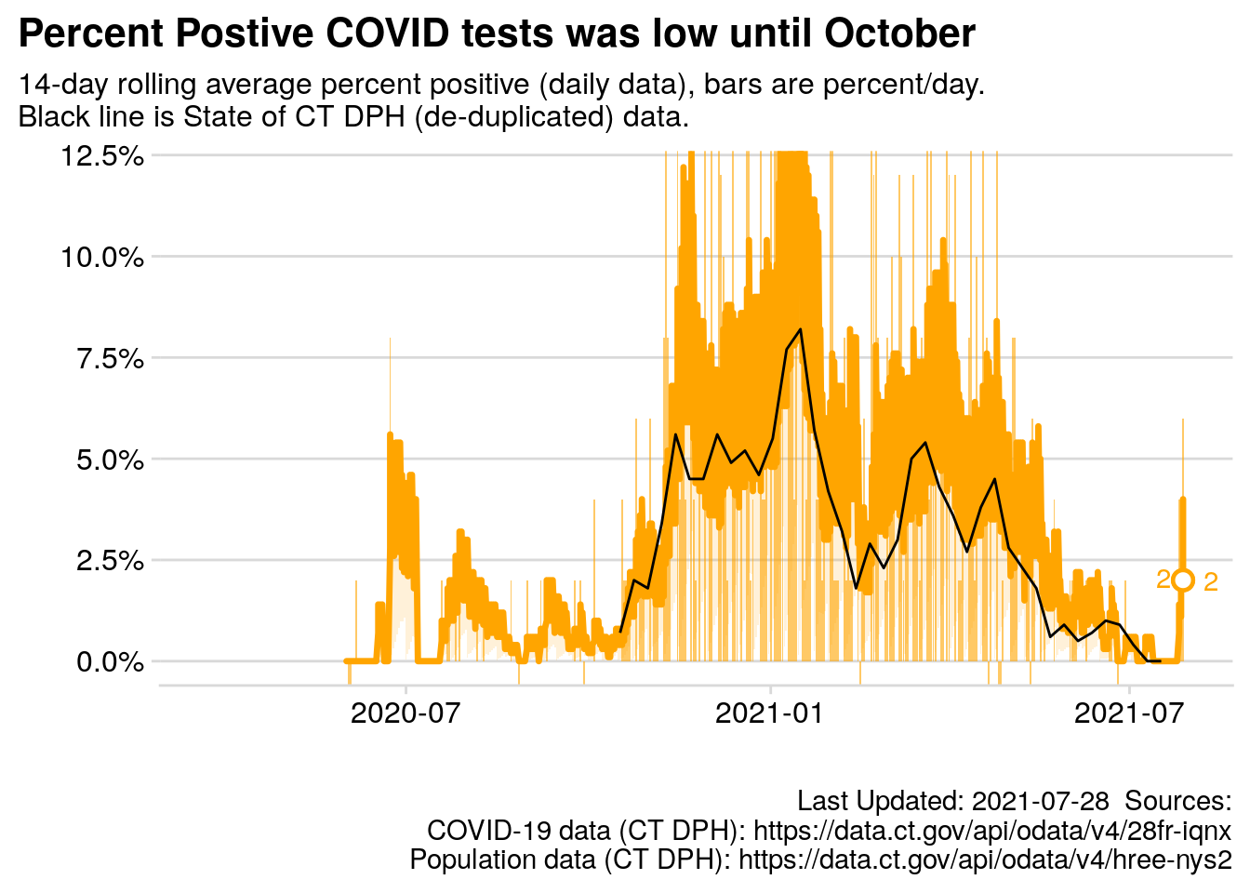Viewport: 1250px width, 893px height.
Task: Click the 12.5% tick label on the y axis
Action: [x=102, y=155]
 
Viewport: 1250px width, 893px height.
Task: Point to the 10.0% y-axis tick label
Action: [x=102, y=257]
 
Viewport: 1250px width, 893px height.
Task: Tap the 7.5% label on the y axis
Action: [x=109, y=358]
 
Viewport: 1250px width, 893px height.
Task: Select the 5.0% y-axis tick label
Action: [x=109, y=460]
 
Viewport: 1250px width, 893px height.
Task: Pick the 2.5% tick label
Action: [x=109, y=561]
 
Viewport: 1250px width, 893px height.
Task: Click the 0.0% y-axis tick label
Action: [x=109, y=662]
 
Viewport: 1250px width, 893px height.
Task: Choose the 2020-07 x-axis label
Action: [x=406, y=713]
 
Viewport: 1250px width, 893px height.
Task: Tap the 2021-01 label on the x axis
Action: [x=770, y=713]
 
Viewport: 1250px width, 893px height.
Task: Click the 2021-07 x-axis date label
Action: [x=1128, y=713]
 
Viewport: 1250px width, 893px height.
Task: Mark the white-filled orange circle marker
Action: [x=1183, y=580]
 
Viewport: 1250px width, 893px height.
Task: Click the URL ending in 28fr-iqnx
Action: [x=991, y=830]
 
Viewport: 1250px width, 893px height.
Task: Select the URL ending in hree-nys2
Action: [x=985, y=859]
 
